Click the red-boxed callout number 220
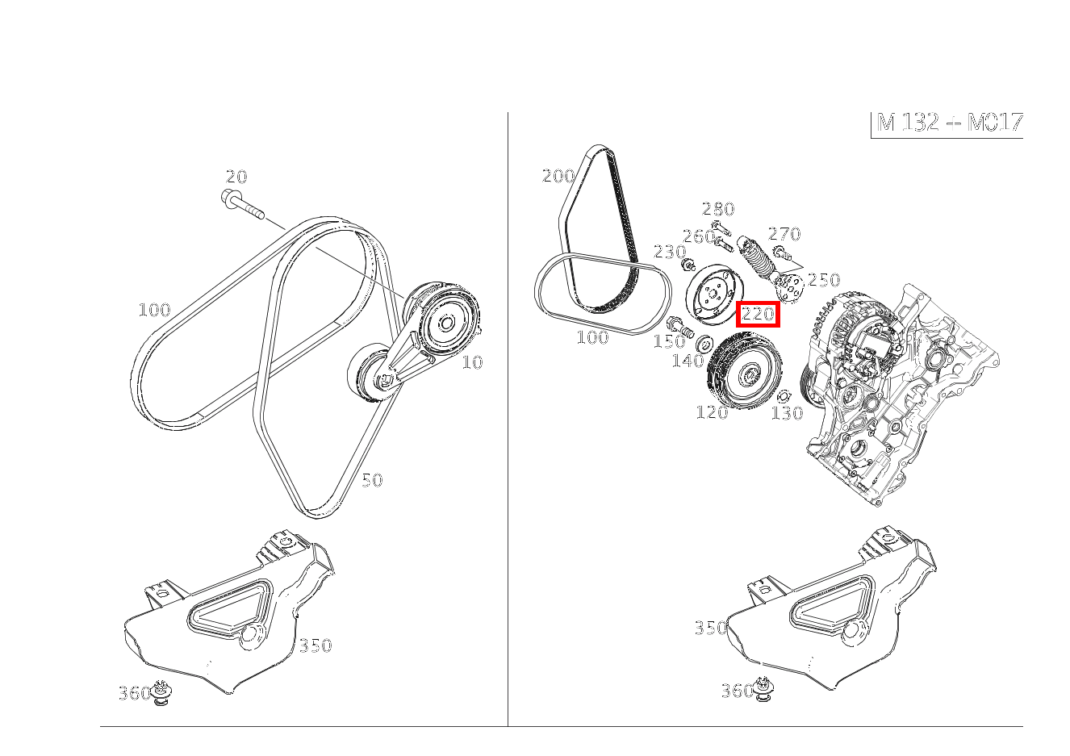click(x=759, y=314)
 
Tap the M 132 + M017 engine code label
click(x=949, y=123)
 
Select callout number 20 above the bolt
click(x=236, y=177)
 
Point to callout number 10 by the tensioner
click(x=472, y=362)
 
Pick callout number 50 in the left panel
click(x=372, y=480)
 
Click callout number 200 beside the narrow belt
click(x=558, y=176)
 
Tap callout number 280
click(x=717, y=209)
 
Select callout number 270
click(x=784, y=234)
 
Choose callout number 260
click(x=699, y=236)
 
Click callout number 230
click(x=670, y=252)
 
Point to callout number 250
click(x=824, y=280)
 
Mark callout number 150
click(x=668, y=341)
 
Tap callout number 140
click(x=688, y=361)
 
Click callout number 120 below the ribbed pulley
click(x=712, y=412)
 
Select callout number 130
click(x=788, y=413)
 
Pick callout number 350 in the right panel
click(x=710, y=628)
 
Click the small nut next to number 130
click(x=782, y=396)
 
